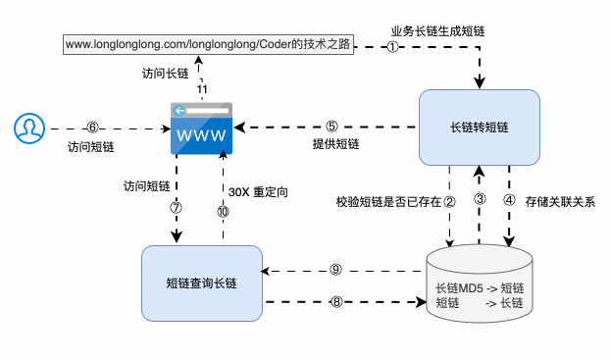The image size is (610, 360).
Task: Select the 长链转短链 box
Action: tap(479, 128)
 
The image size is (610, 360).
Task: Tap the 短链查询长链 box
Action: tap(201, 283)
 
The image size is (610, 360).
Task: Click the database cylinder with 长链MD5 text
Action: tap(480, 284)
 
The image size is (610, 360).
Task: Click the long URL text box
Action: tap(208, 43)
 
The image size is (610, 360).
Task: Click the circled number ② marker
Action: tap(449, 201)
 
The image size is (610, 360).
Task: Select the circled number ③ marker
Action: tap(480, 200)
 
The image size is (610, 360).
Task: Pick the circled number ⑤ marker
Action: tap(332, 126)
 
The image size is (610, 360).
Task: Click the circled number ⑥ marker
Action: tap(93, 127)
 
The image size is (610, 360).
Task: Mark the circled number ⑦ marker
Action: tap(177, 208)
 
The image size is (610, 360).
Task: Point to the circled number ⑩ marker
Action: tap(223, 211)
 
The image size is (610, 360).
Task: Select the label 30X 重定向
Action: tap(257, 191)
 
